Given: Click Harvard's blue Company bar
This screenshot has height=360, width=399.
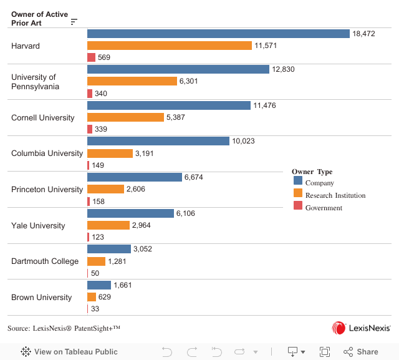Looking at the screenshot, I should (218, 34).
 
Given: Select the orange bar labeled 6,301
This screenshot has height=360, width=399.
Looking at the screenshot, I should (132, 81).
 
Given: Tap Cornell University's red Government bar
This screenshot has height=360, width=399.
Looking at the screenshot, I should (90, 129).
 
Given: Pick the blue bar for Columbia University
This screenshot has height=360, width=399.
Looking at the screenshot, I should (158, 141).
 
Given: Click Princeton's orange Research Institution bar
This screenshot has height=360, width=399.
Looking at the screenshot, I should (105, 189).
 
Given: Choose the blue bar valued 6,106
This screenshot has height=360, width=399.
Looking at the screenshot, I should (130, 213).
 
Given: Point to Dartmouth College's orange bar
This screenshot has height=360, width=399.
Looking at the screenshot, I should (96, 261).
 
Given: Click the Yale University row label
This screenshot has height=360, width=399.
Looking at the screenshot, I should (38, 225).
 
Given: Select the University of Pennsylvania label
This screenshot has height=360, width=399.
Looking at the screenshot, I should (35, 82).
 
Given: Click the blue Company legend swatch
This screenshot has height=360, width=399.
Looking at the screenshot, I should (298, 183).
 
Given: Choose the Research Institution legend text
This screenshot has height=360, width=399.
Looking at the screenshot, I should (335, 195).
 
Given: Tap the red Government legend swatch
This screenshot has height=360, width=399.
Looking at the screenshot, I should (298, 207).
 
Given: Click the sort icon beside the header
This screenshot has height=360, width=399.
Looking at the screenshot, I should (74, 22).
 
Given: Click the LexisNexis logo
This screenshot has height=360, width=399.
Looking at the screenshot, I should (361, 328).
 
